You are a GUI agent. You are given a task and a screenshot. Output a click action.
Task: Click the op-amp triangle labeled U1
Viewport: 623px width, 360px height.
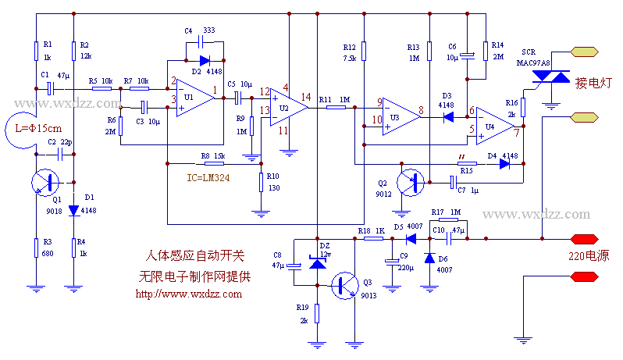pos(190,97)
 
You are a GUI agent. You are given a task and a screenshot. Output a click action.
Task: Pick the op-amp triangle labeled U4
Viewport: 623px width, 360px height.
pos(494,125)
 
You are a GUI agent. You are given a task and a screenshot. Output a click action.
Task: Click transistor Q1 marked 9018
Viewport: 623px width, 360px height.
pos(48,184)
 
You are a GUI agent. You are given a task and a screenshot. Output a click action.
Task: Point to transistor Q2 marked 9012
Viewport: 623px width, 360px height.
pos(413,182)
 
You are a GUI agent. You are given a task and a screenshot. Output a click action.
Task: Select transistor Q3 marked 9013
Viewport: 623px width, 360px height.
pos(346,286)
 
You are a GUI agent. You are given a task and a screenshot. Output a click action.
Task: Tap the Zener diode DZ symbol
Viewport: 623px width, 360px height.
pos(317,264)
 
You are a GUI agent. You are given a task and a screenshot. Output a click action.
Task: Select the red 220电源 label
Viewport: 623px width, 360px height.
pos(589,255)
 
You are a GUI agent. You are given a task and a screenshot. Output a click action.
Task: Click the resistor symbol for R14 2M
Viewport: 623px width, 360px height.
pos(486,52)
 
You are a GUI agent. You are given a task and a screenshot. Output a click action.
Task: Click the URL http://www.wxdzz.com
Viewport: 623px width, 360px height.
pos(188,294)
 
